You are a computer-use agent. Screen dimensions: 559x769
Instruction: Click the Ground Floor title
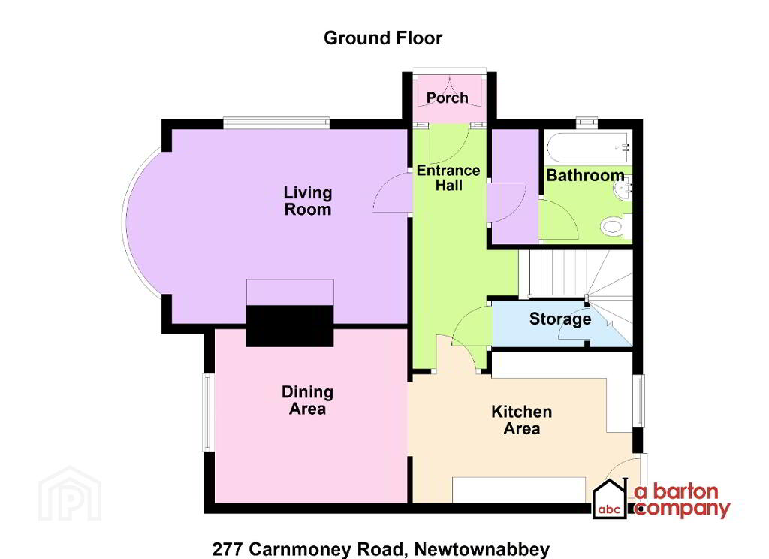[383, 38]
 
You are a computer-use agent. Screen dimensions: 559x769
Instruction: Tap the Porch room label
[448, 98]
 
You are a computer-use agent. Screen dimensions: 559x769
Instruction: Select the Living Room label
[307, 201]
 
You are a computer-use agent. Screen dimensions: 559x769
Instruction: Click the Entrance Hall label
[448, 177]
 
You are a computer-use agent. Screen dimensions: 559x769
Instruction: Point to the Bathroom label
[585, 176]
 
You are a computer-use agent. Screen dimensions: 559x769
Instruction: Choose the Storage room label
[560, 319]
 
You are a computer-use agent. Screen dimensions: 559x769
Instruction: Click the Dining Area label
[307, 400]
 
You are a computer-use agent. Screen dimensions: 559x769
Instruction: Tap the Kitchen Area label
[521, 420]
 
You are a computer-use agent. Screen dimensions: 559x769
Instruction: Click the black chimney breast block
[291, 326]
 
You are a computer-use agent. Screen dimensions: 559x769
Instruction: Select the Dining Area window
[209, 412]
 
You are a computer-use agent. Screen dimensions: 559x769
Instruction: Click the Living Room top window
[276, 121]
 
